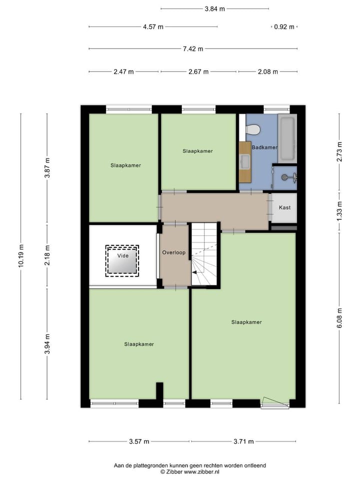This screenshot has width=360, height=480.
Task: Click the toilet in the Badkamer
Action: pos(253,129)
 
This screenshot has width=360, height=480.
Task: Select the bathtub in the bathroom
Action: pos(287,138)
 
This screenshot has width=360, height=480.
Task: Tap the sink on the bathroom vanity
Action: pos(245,161)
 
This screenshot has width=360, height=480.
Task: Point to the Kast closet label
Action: pos(284,208)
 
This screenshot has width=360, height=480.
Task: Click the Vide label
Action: pos(122,255)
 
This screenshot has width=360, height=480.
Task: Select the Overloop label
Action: pos(173,253)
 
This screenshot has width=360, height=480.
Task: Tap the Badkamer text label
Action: pos(264,147)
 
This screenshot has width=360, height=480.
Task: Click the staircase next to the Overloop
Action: pos(205,255)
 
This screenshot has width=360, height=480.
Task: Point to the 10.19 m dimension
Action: pos(21,256)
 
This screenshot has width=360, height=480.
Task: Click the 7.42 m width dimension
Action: pos(193,49)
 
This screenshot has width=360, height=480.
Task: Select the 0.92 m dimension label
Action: pos(284,27)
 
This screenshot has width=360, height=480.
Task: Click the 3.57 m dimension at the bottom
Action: pos(139,441)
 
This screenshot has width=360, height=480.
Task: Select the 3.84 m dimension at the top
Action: pos(214,8)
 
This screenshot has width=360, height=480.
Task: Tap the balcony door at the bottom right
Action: pos(274,403)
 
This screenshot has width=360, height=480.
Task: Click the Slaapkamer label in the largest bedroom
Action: pos(246,322)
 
